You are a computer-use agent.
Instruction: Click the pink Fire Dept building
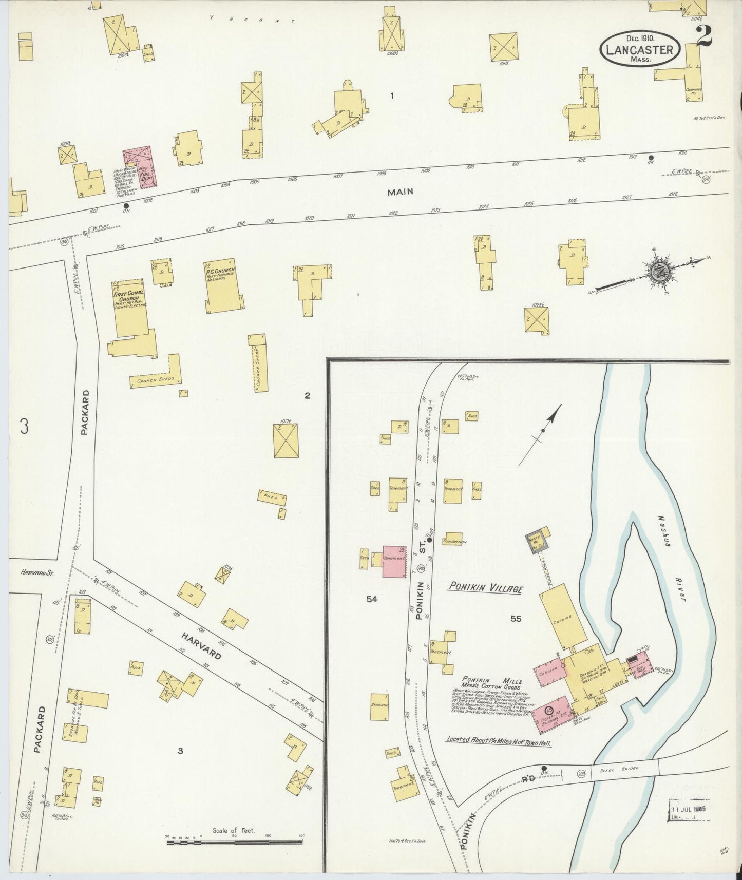click(140, 168)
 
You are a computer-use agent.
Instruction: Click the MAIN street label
click(401, 192)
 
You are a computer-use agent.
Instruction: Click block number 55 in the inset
click(516, 619)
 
